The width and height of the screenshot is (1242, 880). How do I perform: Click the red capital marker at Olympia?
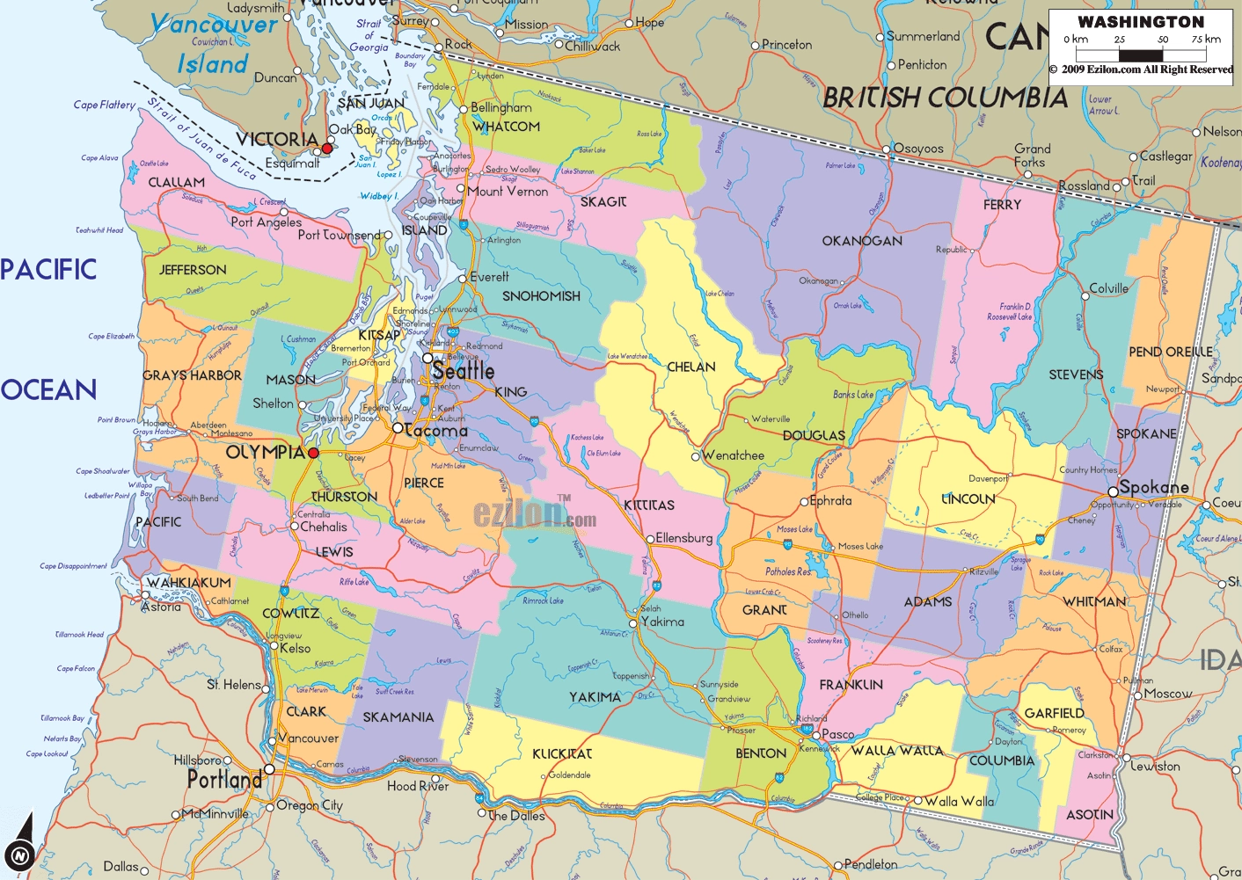[x=313, y=453]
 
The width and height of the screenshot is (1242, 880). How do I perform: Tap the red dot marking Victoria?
[x=327, y=149]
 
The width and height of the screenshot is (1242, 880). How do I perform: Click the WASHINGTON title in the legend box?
[x=1141, y=22]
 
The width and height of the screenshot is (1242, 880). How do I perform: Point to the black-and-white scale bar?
[x=1141, y=55]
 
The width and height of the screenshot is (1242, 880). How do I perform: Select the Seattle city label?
[x=463, y=371]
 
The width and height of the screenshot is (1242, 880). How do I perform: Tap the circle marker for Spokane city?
[x=1113, y=491]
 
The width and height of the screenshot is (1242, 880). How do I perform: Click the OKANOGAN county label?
[x=861, y=241]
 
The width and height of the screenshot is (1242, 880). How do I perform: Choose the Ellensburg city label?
[x=683, y=538]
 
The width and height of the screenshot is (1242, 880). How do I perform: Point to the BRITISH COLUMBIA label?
[x=945, y=98]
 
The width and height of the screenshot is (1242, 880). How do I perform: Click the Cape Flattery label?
[x=105, y=105]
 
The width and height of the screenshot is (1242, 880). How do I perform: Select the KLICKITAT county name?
[x=562, y=753]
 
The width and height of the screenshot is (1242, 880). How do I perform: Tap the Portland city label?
[x=224, y=780]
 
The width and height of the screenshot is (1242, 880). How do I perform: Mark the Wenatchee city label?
[x=733, y=455]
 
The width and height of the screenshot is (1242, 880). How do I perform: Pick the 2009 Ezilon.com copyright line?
[x=1141, y=69]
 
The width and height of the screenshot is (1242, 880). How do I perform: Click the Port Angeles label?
[x=266, y=222]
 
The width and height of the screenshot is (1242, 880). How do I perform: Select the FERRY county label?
[x=1002, y=205]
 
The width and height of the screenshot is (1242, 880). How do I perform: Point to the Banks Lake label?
[x=853, y=395]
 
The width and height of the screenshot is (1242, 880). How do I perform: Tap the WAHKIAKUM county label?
[x=188, y=583]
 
